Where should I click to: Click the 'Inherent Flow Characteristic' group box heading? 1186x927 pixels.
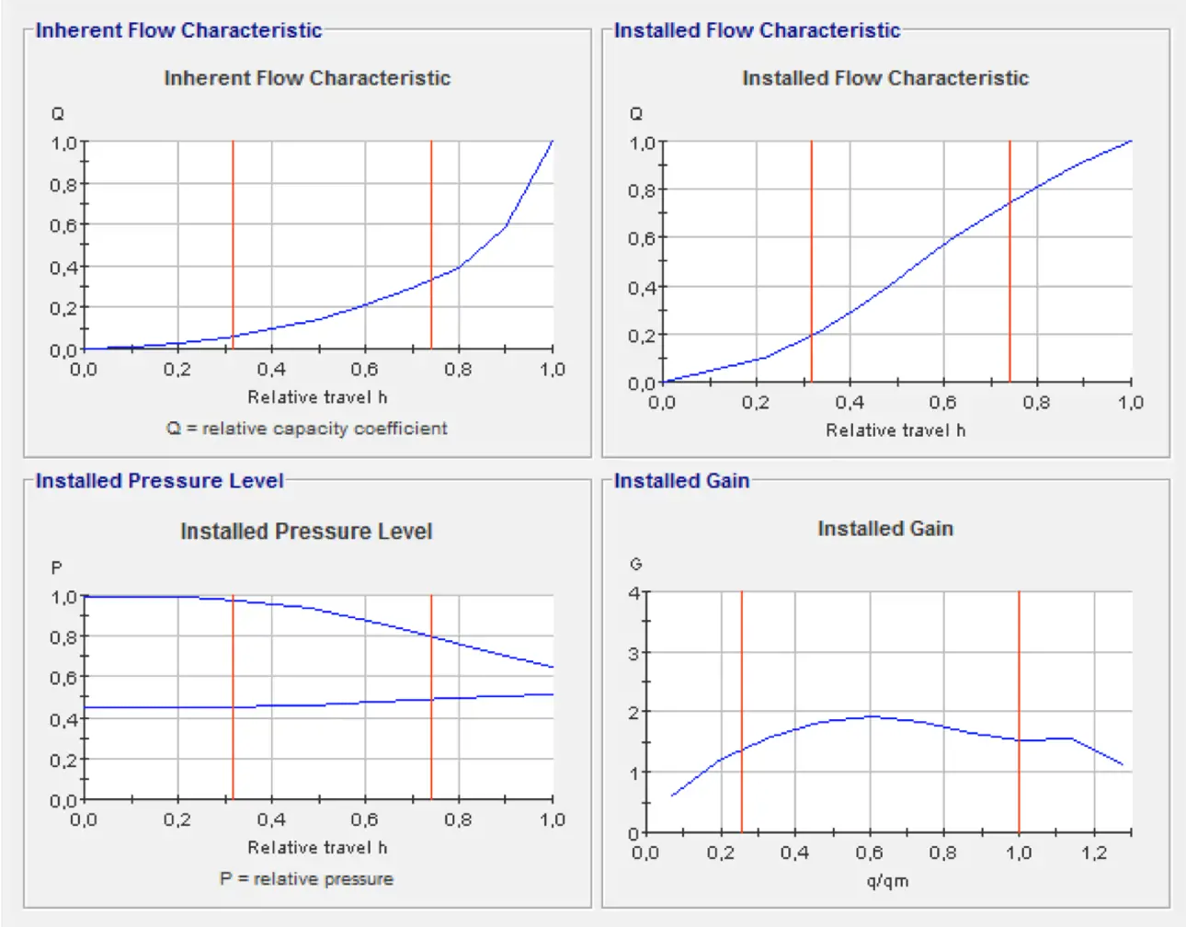[x=178, y=30]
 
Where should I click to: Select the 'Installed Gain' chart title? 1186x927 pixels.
[x=884, y=529]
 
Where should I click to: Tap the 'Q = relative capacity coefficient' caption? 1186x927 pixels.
[x=306, y=429]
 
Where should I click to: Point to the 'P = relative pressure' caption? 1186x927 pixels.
[x=306, y=879]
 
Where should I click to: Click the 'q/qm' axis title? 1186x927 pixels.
[x=887, y=881]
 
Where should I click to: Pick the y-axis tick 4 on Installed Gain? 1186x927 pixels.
[x=633, y=593]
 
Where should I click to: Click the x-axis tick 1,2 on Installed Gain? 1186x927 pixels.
[x=1093, y=853]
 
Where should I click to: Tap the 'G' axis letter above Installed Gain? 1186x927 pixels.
[x=635, y=564]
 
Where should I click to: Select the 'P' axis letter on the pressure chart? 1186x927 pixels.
[x=57, y=568]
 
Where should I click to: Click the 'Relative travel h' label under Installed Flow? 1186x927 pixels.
[x=895, y=430]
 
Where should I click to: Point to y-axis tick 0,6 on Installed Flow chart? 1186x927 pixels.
[x=643, y=239]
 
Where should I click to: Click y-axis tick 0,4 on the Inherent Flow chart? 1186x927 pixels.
[x=63, y=268]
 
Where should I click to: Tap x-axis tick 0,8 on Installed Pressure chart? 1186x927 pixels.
[x=458, y=819]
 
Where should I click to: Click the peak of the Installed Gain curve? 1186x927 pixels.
[x=870, y=716]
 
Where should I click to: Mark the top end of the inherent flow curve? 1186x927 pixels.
[x=553, y=141]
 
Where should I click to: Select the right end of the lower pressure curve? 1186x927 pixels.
[x=553, y=694]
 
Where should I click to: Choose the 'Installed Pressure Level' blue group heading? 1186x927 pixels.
[x=159, y=481]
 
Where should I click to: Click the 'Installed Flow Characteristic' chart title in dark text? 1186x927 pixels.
[x=884, y=78]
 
